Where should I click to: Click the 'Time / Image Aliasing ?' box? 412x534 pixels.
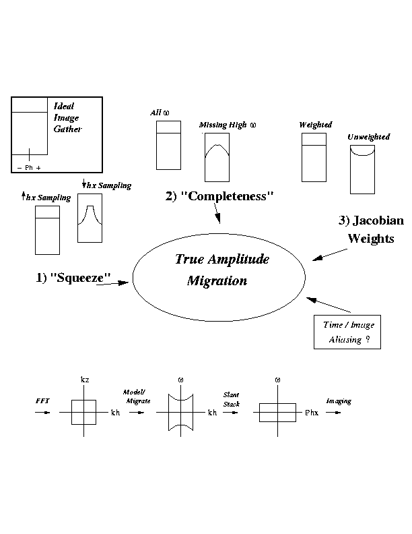pyautogui.click(x=347, y=332)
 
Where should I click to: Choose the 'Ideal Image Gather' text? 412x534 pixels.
pyautogui.click(x=68, y=117)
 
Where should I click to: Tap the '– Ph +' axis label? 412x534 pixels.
pyautogui.click(x=28, y=167)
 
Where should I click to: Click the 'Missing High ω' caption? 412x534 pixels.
pyautogui.click(x=228, y=125)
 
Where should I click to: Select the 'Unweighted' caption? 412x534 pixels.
pyautogui.click(x=368, y=137)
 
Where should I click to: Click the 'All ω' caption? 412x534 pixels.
pyautogui.click(x=160, y=113)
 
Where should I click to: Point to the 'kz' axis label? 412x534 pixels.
pyautogui.click(x=85, y=380)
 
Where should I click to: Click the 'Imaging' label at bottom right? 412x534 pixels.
pyautogui.click(x=339, y=401)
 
